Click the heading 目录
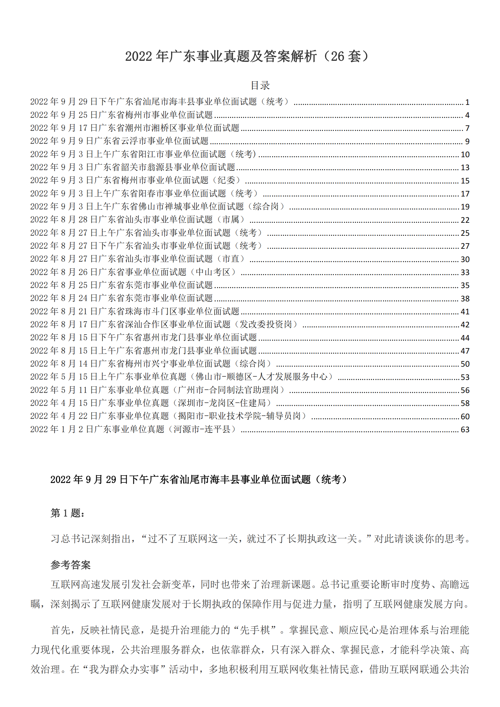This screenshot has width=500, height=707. [x=260, y=85]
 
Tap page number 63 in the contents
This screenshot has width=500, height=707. [x=465, y=430]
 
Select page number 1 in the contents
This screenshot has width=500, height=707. [x=467, y=102]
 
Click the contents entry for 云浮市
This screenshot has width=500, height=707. [x=119, y=141]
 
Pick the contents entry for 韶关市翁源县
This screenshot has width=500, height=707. [x=132, y=167]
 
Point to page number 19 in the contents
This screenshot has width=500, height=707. [x=465, y=207]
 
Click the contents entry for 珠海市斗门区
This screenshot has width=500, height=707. [x=135, y=311]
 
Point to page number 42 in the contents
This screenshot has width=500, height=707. [x=465, y=325]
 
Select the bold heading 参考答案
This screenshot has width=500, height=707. [x=70, y=565]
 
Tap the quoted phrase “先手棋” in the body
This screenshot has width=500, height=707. [x=254, y=630]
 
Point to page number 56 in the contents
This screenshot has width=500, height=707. [x=465, y=391]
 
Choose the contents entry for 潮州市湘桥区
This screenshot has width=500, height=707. [x=135, y=128]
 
